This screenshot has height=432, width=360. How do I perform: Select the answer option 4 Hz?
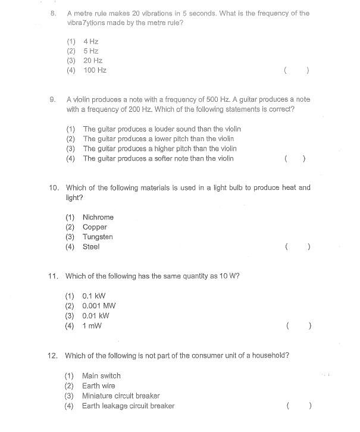coord(90,41)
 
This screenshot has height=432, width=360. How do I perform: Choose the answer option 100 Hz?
coord(95,70)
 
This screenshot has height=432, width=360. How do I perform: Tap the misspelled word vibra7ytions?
coord(86,23)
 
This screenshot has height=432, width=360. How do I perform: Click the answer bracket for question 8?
coord(296,70)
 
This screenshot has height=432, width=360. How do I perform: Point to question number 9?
coord(52,99)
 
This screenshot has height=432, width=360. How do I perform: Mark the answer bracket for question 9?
coord(296,159)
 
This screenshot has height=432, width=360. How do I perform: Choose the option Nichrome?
coord(98,217)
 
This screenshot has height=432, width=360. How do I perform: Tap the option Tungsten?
coord(98,237)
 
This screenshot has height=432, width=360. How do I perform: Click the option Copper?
coord(95,227)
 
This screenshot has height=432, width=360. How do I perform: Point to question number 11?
coord(52,276)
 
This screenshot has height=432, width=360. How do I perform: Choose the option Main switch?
coord(101,375)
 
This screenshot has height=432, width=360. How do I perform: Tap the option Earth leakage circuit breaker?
coord(128,406)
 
